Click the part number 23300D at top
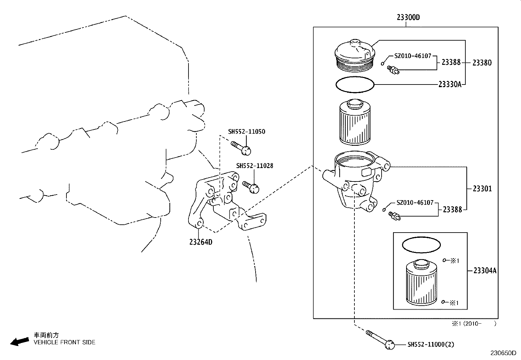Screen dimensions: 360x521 click(x=408, y=18)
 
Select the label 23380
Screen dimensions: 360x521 click(x=482, y=63)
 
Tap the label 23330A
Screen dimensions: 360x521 click(x=450, y=85)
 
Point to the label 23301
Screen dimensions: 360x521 click(x=482, y=189)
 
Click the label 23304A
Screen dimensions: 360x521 click(x=485, y=271)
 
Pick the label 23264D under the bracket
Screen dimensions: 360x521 click(x=201, y=242)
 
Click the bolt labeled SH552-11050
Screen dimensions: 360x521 click(x=241, y=148)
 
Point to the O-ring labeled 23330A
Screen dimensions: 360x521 click(x=355, y=85)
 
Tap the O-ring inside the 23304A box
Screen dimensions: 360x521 click(x=421, y=245)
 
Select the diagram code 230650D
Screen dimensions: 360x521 click(x=503, y=353)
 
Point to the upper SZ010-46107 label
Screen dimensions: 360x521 click(x=412, y=56)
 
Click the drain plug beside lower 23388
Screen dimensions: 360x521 click(x=394, y=215)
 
